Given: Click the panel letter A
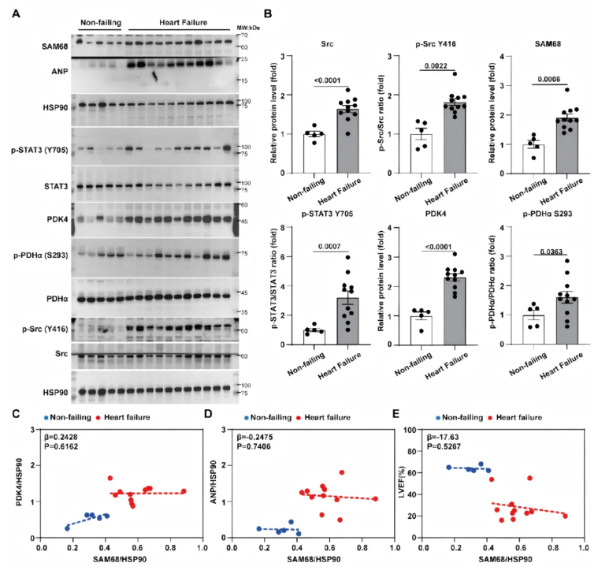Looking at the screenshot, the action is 16,13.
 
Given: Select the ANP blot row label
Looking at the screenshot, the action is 60,72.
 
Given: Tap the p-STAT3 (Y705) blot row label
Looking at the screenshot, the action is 39,150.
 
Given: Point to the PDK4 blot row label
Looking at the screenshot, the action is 58,219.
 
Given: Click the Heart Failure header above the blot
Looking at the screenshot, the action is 183,23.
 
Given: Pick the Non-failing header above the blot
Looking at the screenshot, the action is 101,23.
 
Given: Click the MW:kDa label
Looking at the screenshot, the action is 248,28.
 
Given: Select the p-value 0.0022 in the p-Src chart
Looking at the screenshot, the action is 436,66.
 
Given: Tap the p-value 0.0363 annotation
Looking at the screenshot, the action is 551,252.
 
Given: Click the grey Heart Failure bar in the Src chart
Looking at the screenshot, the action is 347,141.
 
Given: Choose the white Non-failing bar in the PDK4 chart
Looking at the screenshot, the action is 421,330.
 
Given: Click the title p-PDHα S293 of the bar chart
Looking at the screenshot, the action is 548,214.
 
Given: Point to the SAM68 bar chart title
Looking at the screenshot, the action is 548,44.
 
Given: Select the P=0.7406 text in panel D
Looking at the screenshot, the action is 254,446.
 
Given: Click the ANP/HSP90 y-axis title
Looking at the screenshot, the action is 214,482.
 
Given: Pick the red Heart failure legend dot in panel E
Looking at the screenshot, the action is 490,418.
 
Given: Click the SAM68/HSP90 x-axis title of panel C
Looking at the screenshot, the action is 120,559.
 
